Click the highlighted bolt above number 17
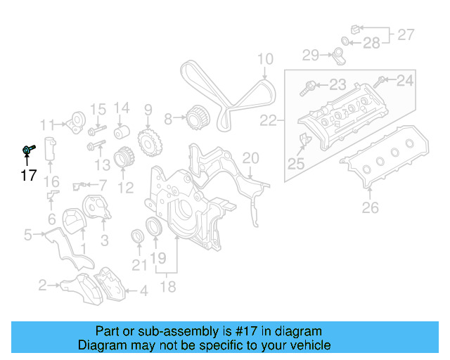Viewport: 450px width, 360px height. pos(29,149)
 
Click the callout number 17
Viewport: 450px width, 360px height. pos(28,176)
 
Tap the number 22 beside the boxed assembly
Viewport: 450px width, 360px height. pos(268,121)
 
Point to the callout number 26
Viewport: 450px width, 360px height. pos(370,207)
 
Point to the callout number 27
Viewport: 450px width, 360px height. pos(406,33)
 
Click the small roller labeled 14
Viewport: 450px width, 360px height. pos(122,132)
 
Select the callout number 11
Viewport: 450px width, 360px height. pos(47,125)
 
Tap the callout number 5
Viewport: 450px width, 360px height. pos(27,234)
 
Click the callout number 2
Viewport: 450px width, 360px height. pos(42,285)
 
